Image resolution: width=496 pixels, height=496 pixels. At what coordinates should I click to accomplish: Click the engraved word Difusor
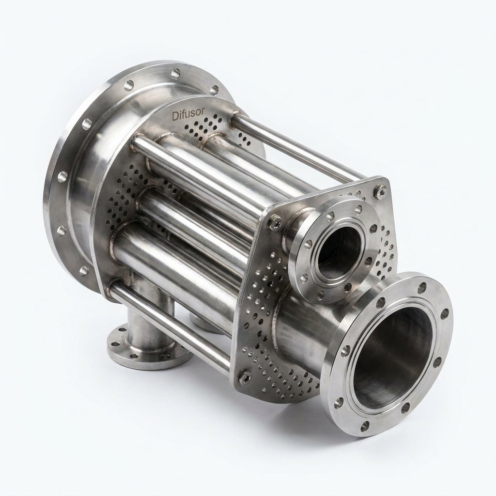[188, 114]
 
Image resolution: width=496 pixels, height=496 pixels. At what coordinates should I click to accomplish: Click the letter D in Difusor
[175, 116]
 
